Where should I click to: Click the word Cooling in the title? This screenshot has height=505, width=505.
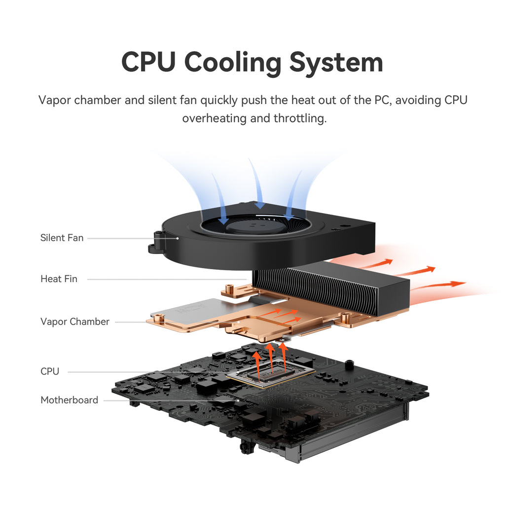[x=233, y=63]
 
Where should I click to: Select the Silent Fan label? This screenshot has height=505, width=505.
[x=62, y=238]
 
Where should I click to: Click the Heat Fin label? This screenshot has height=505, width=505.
[x=59, y=279]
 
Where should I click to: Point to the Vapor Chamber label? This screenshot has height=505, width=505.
[x=74, y=322]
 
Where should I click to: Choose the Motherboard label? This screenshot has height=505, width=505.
[x=69, y=400]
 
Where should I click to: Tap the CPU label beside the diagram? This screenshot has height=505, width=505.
[x=49, y=371]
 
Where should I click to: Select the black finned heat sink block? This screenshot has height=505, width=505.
[x=335, y=289]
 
